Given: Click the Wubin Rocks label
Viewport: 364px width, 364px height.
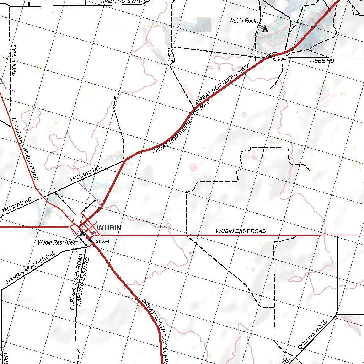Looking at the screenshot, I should point(243,21).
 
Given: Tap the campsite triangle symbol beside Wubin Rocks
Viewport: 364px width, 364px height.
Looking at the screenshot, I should point(264,29).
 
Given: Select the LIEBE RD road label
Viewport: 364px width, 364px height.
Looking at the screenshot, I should point(322,61).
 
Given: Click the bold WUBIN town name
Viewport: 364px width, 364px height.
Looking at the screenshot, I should point(109,228).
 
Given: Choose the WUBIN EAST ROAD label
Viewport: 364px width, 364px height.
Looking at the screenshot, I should point(241,231).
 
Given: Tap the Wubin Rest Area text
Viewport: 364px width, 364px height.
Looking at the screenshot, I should point(57,242).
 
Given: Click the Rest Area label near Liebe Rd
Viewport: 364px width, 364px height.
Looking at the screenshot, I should point(280,60).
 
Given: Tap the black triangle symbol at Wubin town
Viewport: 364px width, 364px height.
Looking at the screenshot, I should point(82,234).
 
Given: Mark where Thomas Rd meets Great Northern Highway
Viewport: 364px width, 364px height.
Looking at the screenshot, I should point(125,160).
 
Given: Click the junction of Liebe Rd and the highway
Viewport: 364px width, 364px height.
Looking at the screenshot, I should point(270,56).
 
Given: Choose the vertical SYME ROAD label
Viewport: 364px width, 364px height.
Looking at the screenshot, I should point(14,60).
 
